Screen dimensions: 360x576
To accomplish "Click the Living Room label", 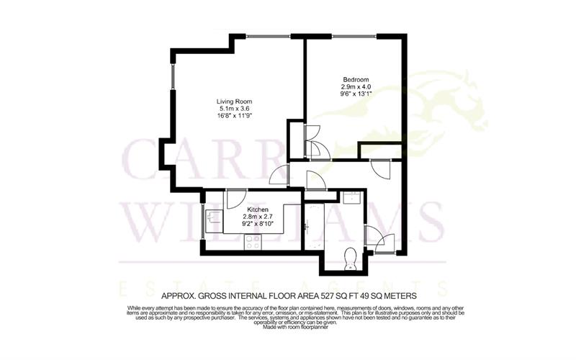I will pos(235,102).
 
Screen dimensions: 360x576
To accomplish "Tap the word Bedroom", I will pos(356,79).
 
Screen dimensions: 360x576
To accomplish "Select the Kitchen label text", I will pos(237,209).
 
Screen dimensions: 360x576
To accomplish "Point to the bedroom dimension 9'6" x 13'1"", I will pos(356,93).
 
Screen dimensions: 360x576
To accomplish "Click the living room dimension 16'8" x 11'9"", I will pos(235,115).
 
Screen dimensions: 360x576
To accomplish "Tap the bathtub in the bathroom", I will pos(315,227).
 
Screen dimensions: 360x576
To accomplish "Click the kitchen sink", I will pos(214,217).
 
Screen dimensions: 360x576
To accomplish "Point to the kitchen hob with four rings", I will pos(253,242).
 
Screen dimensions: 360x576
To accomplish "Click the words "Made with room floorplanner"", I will pos(288,328).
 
